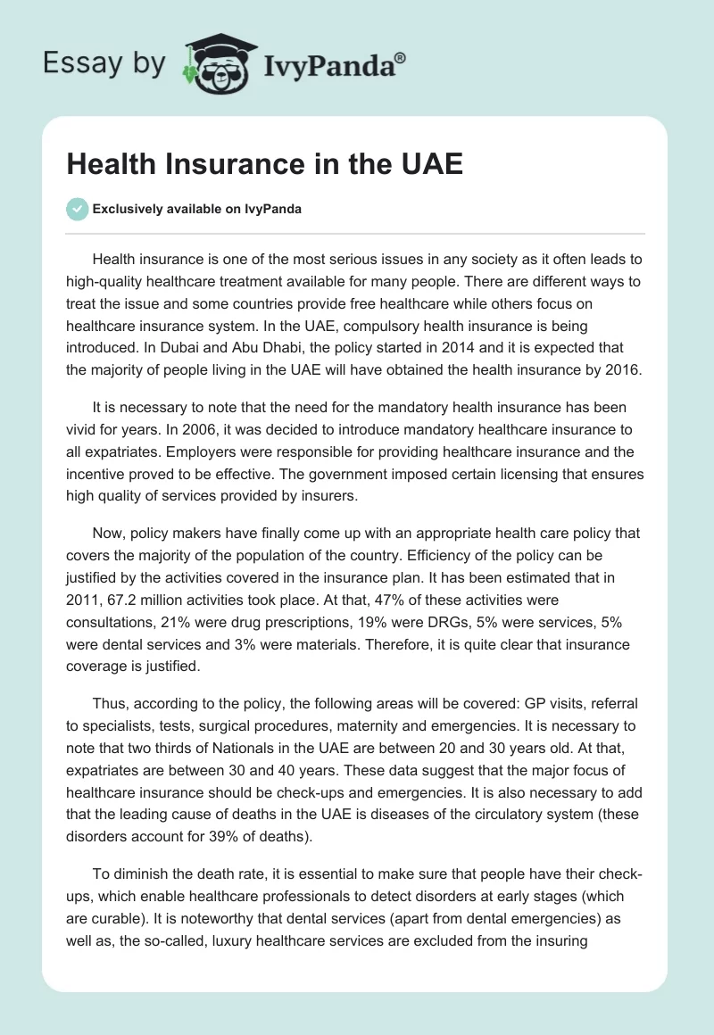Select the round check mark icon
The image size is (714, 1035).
pos(77,210)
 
